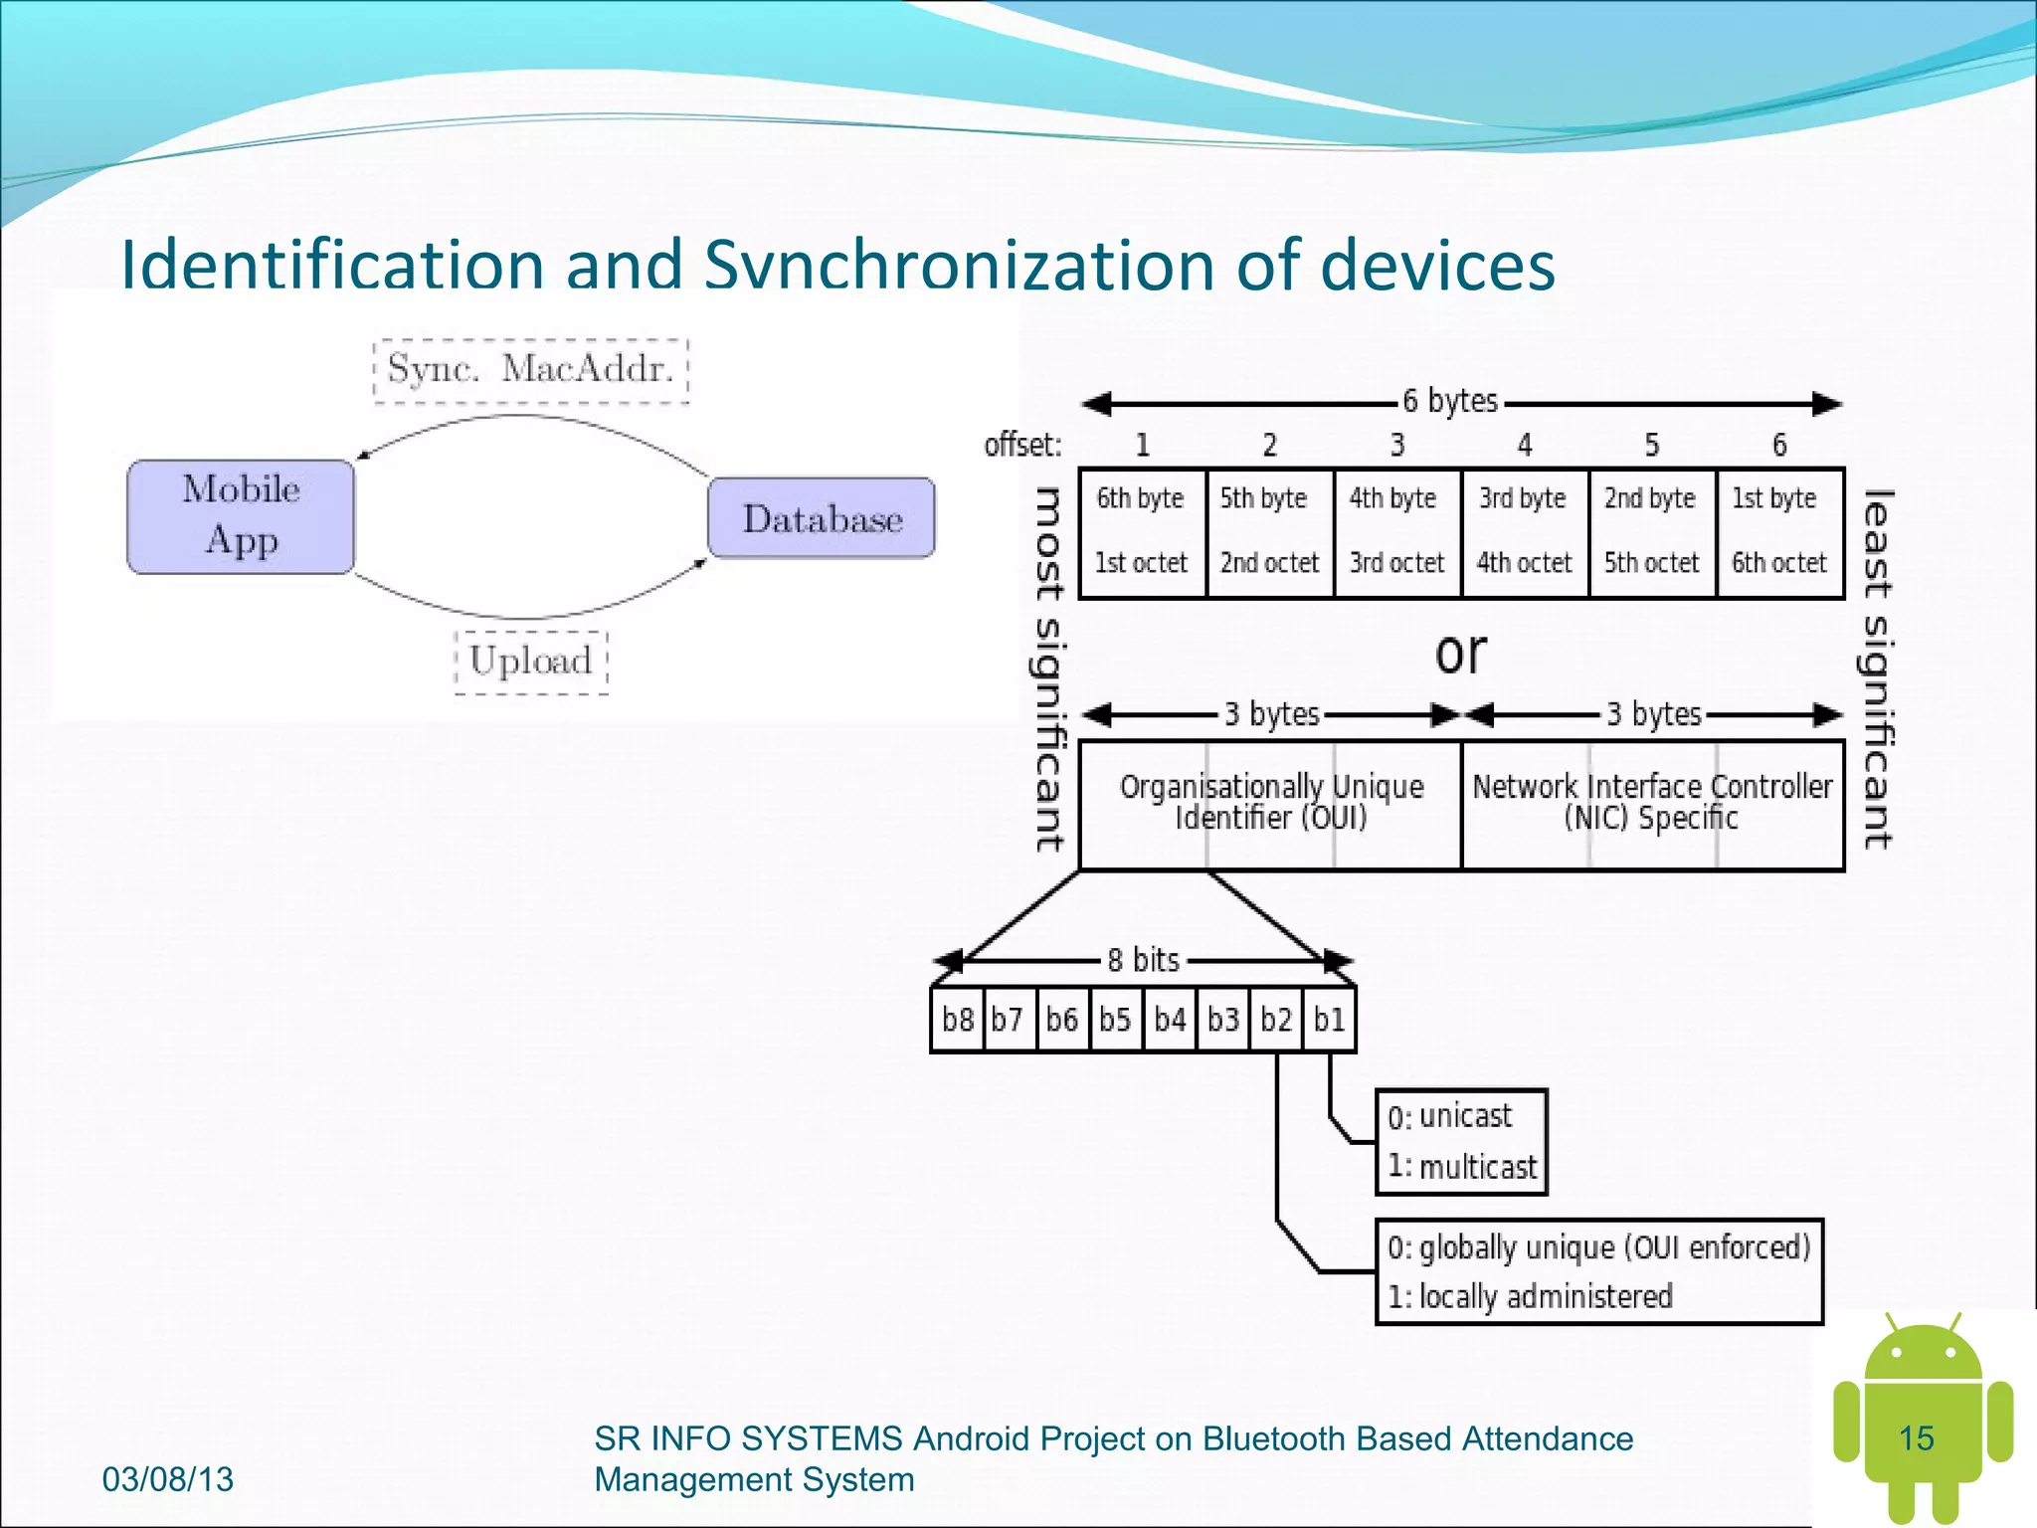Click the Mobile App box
[x=241, y=516]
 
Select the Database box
[x=822, y=518]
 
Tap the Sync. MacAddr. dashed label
[x=531, y=370]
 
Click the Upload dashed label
[x=531, y=662]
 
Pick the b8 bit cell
[x=958, y=1020]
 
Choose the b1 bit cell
[x=1330, y=1020]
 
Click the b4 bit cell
[x=1170, y=1020]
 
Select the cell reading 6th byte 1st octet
[x=1142, y=532]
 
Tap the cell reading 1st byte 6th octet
[x=1779, y=532]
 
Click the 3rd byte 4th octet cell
[x=1524, y=532]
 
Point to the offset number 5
[x=1652, y=445]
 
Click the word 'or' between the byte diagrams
[x=1460, y=654]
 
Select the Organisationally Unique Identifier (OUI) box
[x=1271, y=804]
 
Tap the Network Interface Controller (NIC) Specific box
[x=1652, y=804]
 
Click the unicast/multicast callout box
[x=1461, y=1141]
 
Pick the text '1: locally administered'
[x=1531, y=1297]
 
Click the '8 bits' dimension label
[x=1143, y=960]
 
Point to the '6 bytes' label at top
[x=1450, y=401]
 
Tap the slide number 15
[x=1916, y=1438]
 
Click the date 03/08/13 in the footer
[x=168, y=1479]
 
